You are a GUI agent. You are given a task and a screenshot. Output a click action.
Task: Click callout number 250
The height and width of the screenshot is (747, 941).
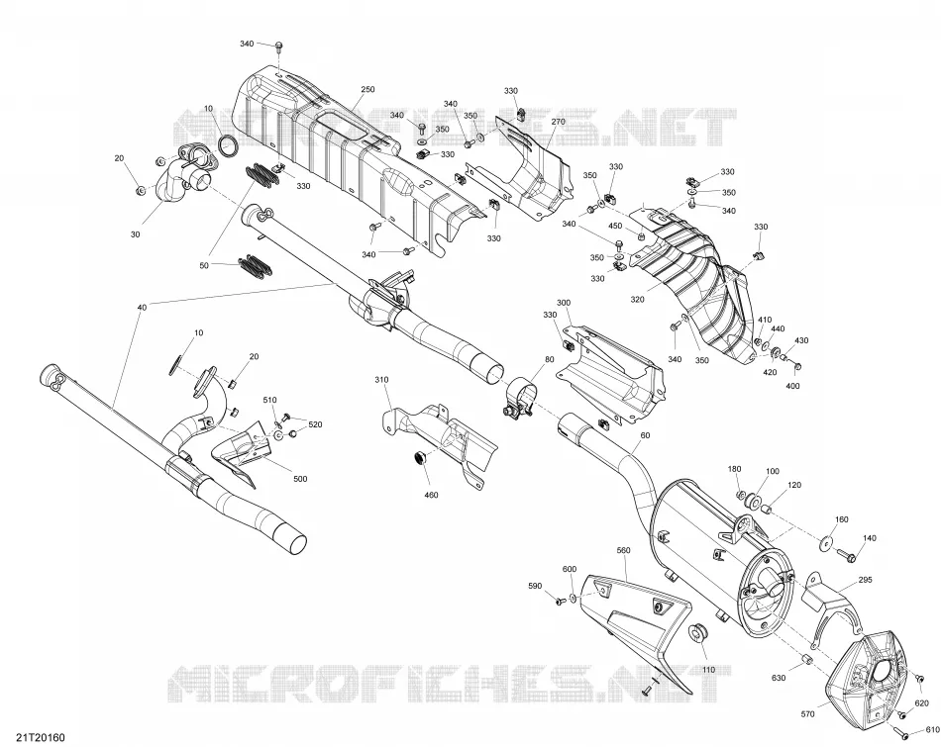click(367, 89)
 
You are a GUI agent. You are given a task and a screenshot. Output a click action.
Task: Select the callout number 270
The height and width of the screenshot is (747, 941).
click(558, 121)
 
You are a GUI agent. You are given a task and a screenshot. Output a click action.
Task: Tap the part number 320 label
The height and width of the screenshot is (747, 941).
click(637, 299)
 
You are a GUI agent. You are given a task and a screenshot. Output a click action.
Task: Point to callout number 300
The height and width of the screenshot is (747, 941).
click(564, 303)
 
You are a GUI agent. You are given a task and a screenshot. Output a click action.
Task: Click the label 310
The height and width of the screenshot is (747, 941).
click(381, 380)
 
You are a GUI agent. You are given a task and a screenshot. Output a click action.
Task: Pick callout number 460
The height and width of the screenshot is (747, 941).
click(431, 495)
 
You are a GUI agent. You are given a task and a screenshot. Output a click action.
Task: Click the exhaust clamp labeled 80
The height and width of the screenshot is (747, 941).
click(517, 400)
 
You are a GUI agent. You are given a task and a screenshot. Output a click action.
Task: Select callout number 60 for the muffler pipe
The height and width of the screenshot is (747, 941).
click(645, 434)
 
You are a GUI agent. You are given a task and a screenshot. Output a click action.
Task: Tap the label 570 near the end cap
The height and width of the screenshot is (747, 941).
click(807, 714)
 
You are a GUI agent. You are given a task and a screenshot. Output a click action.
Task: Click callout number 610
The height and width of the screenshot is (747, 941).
click(933, 729)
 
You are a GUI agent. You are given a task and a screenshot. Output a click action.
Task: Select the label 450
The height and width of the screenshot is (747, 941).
click(615, 226)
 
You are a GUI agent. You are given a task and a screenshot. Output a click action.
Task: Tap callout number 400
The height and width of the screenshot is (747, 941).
click(792, 386)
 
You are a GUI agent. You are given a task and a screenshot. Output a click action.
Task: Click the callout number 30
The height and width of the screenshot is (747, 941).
click(135, 233)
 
